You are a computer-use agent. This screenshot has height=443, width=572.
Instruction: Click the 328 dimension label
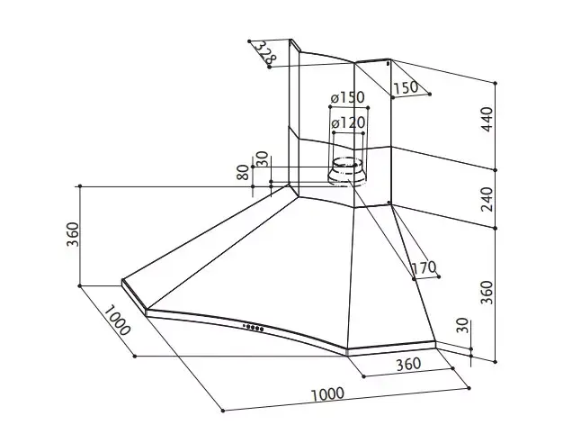265,52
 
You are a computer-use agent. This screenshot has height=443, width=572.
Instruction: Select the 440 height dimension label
487,120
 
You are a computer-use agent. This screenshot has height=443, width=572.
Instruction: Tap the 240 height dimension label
487,199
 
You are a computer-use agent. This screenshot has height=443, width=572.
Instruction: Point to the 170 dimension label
424,267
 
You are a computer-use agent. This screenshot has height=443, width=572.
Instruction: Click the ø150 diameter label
348,98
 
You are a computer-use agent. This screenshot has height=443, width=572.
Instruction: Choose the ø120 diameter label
348,123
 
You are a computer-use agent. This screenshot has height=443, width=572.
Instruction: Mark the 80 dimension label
243,172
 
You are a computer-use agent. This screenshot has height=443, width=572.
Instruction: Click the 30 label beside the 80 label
263,158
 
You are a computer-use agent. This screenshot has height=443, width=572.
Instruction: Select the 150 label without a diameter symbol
406,87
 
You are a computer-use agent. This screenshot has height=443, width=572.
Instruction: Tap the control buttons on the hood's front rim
253,328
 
